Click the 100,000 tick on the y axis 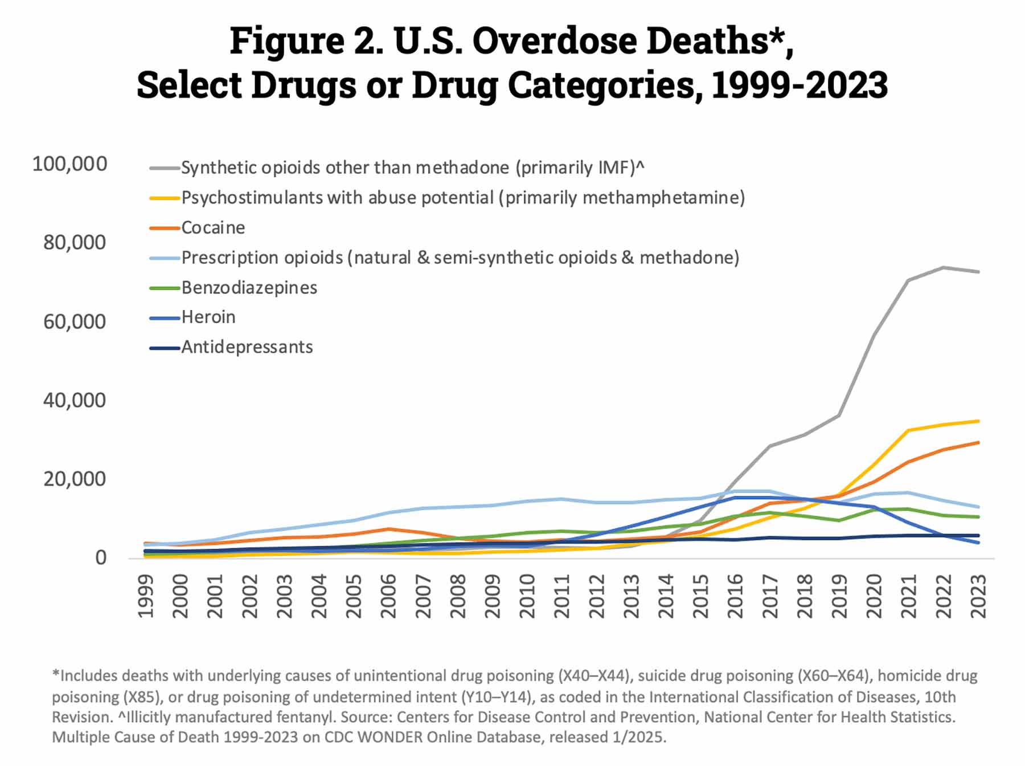pyautogui.click(x=69, y=164)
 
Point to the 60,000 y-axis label pyautogui.click(x=75, y=322)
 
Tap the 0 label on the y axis pyautogui.click(x=101, y=558)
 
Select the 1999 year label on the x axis pyautogui.click(x=146, y=596)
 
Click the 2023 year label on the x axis pyautogui.click(x=978, y=596)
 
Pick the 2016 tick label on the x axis pyautogui.click(x=735, y=596)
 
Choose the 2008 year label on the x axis pyautogui.click(x=458, y=596)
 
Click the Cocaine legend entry pyautogui.click(x=213, y=228)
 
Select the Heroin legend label pyautogui.click(x=208, y=317)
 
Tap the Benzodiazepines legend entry pyautogui.click(x=249, y=288)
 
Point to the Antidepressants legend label pyautogui.click(x=247, y=347)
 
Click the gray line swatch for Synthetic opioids pyautogui.click(x=165, y=168)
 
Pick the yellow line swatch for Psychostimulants pyautogui.click(x=165, y=198)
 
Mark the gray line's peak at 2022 pyautogui.click(x=944, y=267)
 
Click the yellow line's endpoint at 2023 pyautogui.click(x=978, y=421)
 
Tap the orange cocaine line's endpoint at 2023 pyautogui.click(x=978, y=442)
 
